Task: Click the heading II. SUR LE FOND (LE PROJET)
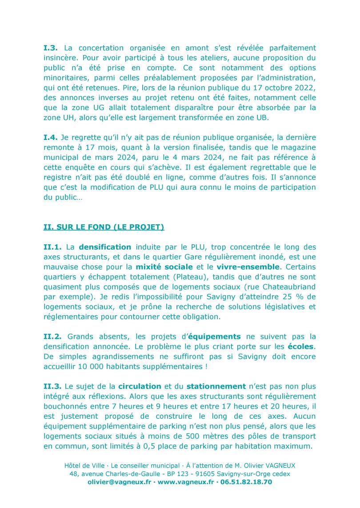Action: pos(104,227)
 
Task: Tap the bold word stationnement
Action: pos(216,386)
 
